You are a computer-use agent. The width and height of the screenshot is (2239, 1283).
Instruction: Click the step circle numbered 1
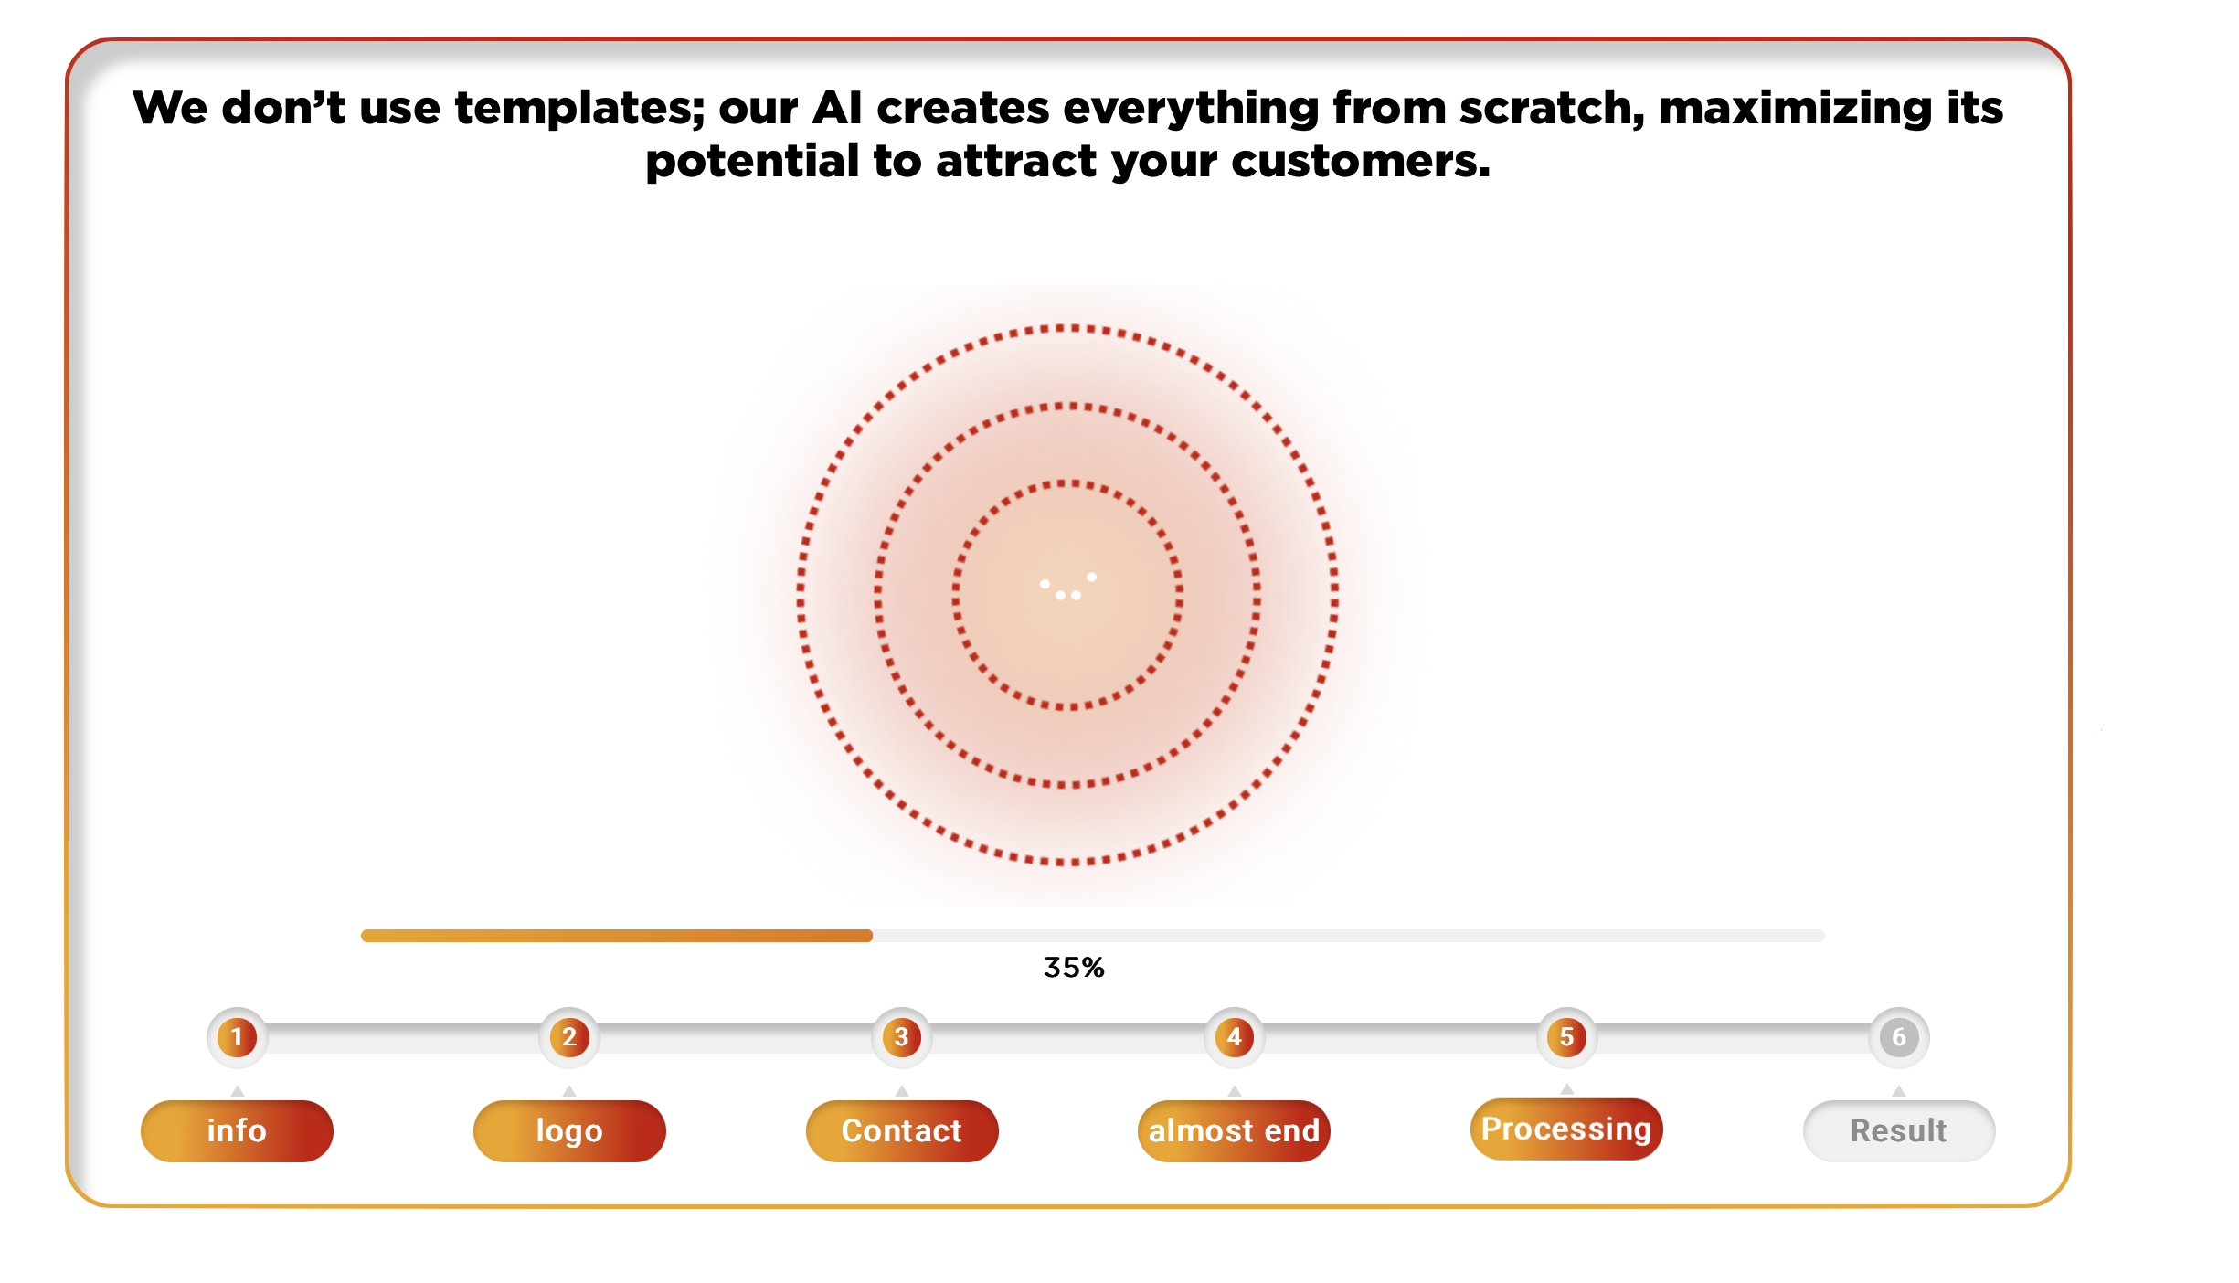(x=237, y=1037)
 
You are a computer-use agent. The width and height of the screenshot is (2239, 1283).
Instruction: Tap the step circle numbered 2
(x=569, y=1037)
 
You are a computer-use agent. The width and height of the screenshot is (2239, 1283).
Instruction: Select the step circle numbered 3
(x=902, y=1037)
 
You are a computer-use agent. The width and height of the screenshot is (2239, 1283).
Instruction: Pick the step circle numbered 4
(x=1235, y=1037)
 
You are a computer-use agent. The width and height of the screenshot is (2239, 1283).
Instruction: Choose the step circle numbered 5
(x=1567, y=1037)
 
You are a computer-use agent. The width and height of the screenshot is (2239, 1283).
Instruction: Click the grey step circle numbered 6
(x=1899, y=1037)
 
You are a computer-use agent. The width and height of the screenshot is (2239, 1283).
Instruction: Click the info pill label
(x=237, y=1131)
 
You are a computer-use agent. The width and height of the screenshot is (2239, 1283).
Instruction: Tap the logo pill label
(x=569, y=1131)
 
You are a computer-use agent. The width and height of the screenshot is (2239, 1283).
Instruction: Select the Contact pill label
(x=902, y=1131)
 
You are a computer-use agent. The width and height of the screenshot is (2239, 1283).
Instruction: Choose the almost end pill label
(x=1234, y=1131)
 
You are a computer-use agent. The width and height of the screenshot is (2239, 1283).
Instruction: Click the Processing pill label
(x=1566, y=1129)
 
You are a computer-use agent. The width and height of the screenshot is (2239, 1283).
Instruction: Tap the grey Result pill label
(x=1899, y=1131)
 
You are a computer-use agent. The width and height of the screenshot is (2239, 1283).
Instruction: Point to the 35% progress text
(x=1074, y=968)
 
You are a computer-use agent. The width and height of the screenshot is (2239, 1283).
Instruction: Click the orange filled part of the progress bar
(x=617, y=936)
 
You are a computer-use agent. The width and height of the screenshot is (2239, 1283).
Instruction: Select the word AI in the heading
(x=837, y=108)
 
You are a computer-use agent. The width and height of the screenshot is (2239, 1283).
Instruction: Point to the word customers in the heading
(x=1361, y=162)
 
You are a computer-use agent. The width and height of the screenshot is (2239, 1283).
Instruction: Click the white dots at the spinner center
(x=1067, y=587)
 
